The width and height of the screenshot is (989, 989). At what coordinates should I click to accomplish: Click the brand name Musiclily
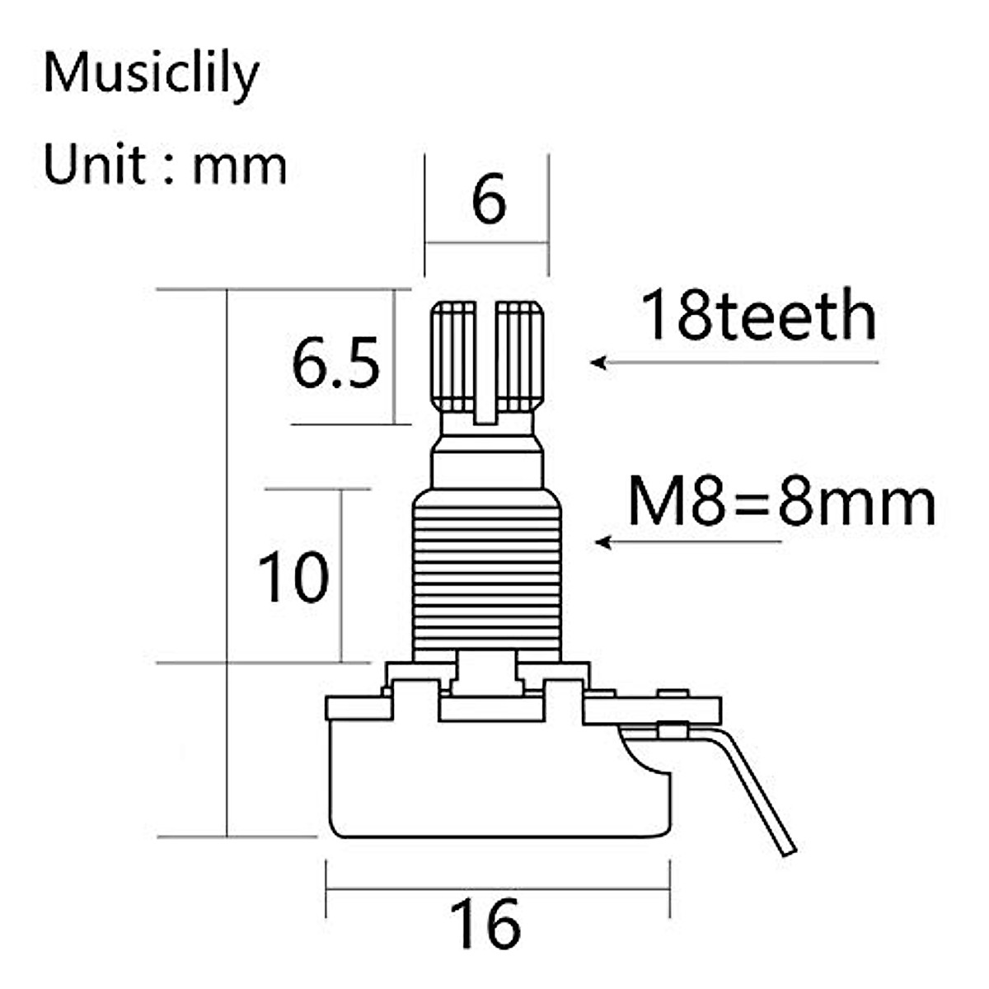tap(151, 74)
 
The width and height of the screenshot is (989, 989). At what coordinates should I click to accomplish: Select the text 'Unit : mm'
tap(165, 165)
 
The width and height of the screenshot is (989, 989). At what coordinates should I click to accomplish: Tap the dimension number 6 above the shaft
tap(488, 199)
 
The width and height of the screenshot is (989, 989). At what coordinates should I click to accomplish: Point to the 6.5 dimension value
tap(336, 363)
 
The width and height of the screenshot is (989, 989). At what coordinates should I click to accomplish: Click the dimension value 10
tap(293, 577)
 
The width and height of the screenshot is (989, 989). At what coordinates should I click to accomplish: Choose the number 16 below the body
tap(485, 923)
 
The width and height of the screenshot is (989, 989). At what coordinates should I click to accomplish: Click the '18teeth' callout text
tap(758, 316)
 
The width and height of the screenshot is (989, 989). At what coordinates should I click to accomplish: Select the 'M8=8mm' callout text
tap(781, 502)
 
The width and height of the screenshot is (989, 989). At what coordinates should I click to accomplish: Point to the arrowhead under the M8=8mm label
tap(603, 542)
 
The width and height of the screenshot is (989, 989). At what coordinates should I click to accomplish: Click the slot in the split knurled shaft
tap(486, 363)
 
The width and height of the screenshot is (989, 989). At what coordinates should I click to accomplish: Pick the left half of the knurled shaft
tap(453, 359)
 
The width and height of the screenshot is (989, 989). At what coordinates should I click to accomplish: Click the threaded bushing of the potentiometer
tap(486, 577)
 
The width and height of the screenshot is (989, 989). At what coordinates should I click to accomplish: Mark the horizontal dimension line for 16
tap(498, 889)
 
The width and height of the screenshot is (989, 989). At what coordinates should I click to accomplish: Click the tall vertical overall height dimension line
tap(227, 560)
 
